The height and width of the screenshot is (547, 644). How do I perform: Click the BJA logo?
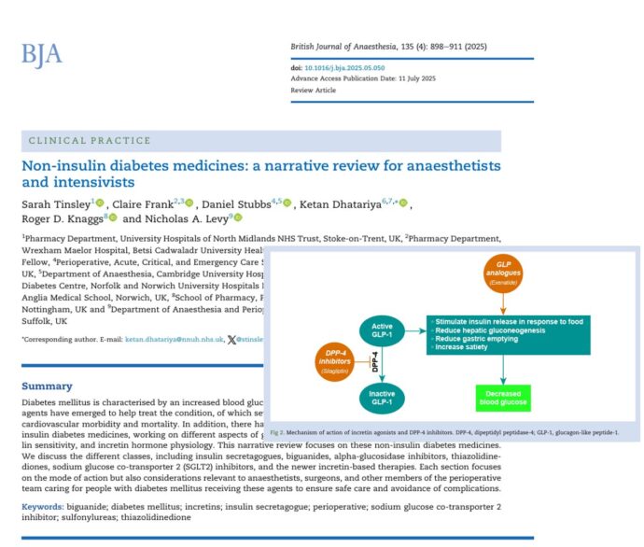[42, 54]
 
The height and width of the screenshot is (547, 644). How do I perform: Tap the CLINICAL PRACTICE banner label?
[90, 141]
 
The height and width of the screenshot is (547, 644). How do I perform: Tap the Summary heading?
[47, 386]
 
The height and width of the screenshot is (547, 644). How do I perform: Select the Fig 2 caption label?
[284, 433]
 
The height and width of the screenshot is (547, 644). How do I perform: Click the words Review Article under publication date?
[314, 91]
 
